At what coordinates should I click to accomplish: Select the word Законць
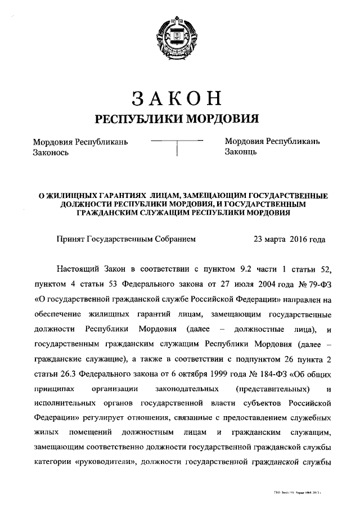(241, 152)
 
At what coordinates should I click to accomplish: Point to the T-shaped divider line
(177, 145)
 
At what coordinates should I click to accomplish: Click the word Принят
(70, 239)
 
